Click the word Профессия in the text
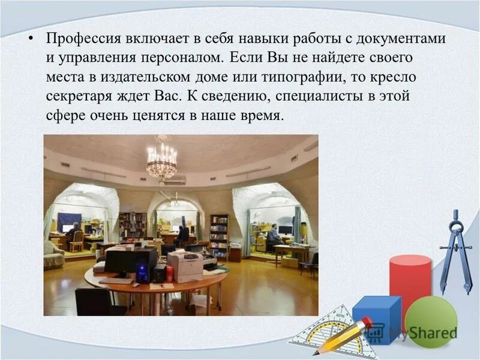coord(83,39)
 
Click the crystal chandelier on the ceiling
coord(162,159)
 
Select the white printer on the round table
coord(185,264)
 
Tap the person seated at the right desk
coord(273,236)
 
